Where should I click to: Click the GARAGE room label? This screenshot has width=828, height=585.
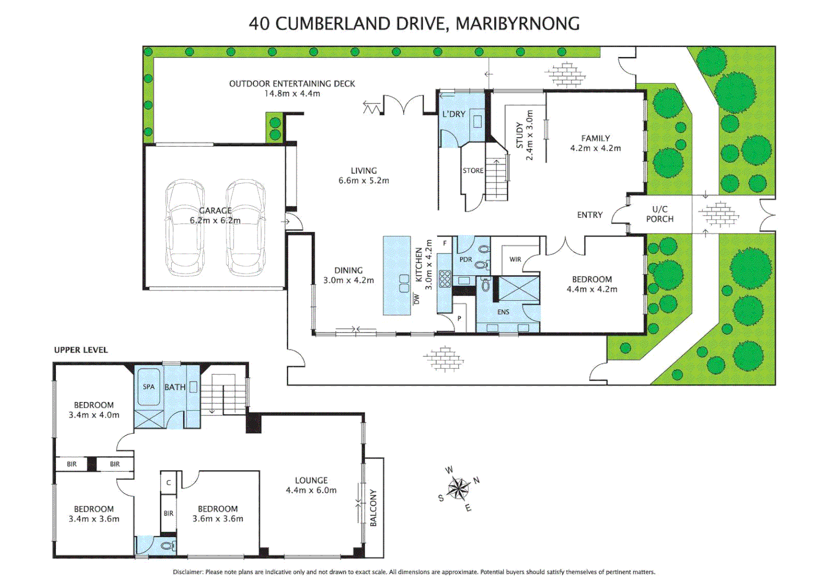(x=216, y=210)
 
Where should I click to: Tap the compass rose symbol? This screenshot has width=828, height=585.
(x=458, y=488)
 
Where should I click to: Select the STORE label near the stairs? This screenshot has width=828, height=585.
(x=473, y=171)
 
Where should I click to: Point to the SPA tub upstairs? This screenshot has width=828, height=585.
(x=148, y=387)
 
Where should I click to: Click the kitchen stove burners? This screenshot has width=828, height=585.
(x=444, y=278)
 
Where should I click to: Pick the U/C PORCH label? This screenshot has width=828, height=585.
(x=660, y=214)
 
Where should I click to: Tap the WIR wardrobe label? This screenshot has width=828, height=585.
(x=515, y=259)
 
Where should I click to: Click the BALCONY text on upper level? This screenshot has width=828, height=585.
(x=373, y=508)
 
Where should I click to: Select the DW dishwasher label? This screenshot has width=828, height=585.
(x=417, y=298)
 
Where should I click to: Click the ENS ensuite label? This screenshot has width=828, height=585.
(x=503, y=313)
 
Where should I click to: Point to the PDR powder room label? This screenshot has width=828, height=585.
(x=466, y=260)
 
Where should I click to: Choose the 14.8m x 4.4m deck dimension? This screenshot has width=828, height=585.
(x=292, y=94)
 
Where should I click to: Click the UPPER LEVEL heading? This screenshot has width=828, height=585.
(x=81, y=350)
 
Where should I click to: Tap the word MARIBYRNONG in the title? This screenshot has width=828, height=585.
(x=517, y=24)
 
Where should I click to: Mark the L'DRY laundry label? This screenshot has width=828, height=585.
(x=454, y=114)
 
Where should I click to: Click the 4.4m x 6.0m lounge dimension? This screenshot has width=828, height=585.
(x=311, y=490)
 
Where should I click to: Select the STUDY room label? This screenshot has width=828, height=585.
(x=520, y=135)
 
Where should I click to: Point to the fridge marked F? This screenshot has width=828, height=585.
(x=445, y=243)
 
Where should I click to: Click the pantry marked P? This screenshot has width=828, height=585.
(x=459, y=318)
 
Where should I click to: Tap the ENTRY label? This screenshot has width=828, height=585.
(x=590, y=215)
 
